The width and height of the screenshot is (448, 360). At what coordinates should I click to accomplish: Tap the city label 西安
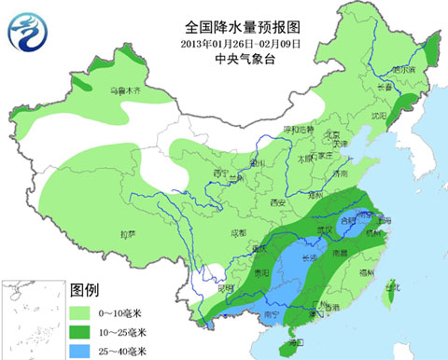tap(276, 202)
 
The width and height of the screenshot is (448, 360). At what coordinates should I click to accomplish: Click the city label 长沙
tap(314, 256)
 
